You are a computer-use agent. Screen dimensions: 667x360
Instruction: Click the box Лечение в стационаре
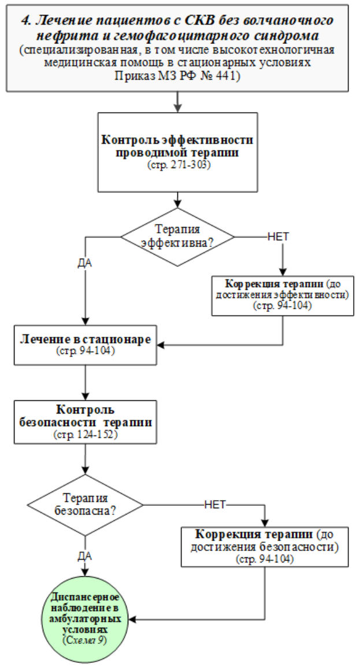[86, 344]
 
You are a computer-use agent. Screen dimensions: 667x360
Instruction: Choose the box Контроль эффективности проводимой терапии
[177, 151]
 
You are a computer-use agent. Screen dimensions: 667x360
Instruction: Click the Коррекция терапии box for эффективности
[283, 295]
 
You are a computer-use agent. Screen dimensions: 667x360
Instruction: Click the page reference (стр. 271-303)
[177, 165]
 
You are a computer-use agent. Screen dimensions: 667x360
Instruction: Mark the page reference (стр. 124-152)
[86, 434]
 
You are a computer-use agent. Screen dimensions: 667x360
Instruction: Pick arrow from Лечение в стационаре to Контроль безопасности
[86, 381]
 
